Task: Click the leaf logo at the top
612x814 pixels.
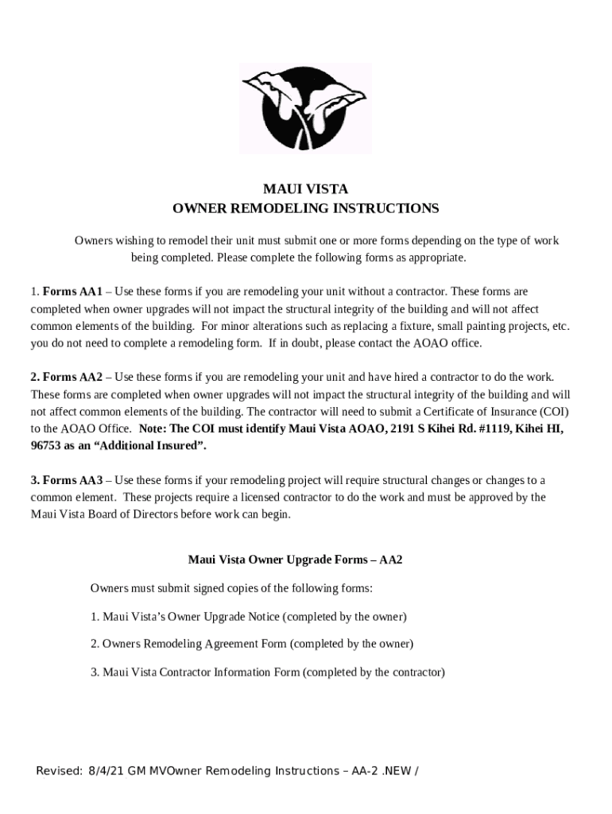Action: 305,108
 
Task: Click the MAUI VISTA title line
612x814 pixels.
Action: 305,189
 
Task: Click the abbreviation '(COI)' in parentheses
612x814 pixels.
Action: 555,411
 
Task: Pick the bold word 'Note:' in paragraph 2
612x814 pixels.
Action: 153,428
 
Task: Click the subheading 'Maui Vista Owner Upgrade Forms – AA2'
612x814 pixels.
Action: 295,560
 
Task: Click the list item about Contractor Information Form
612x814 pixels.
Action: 267,672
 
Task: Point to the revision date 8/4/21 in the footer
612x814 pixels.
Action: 103,771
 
